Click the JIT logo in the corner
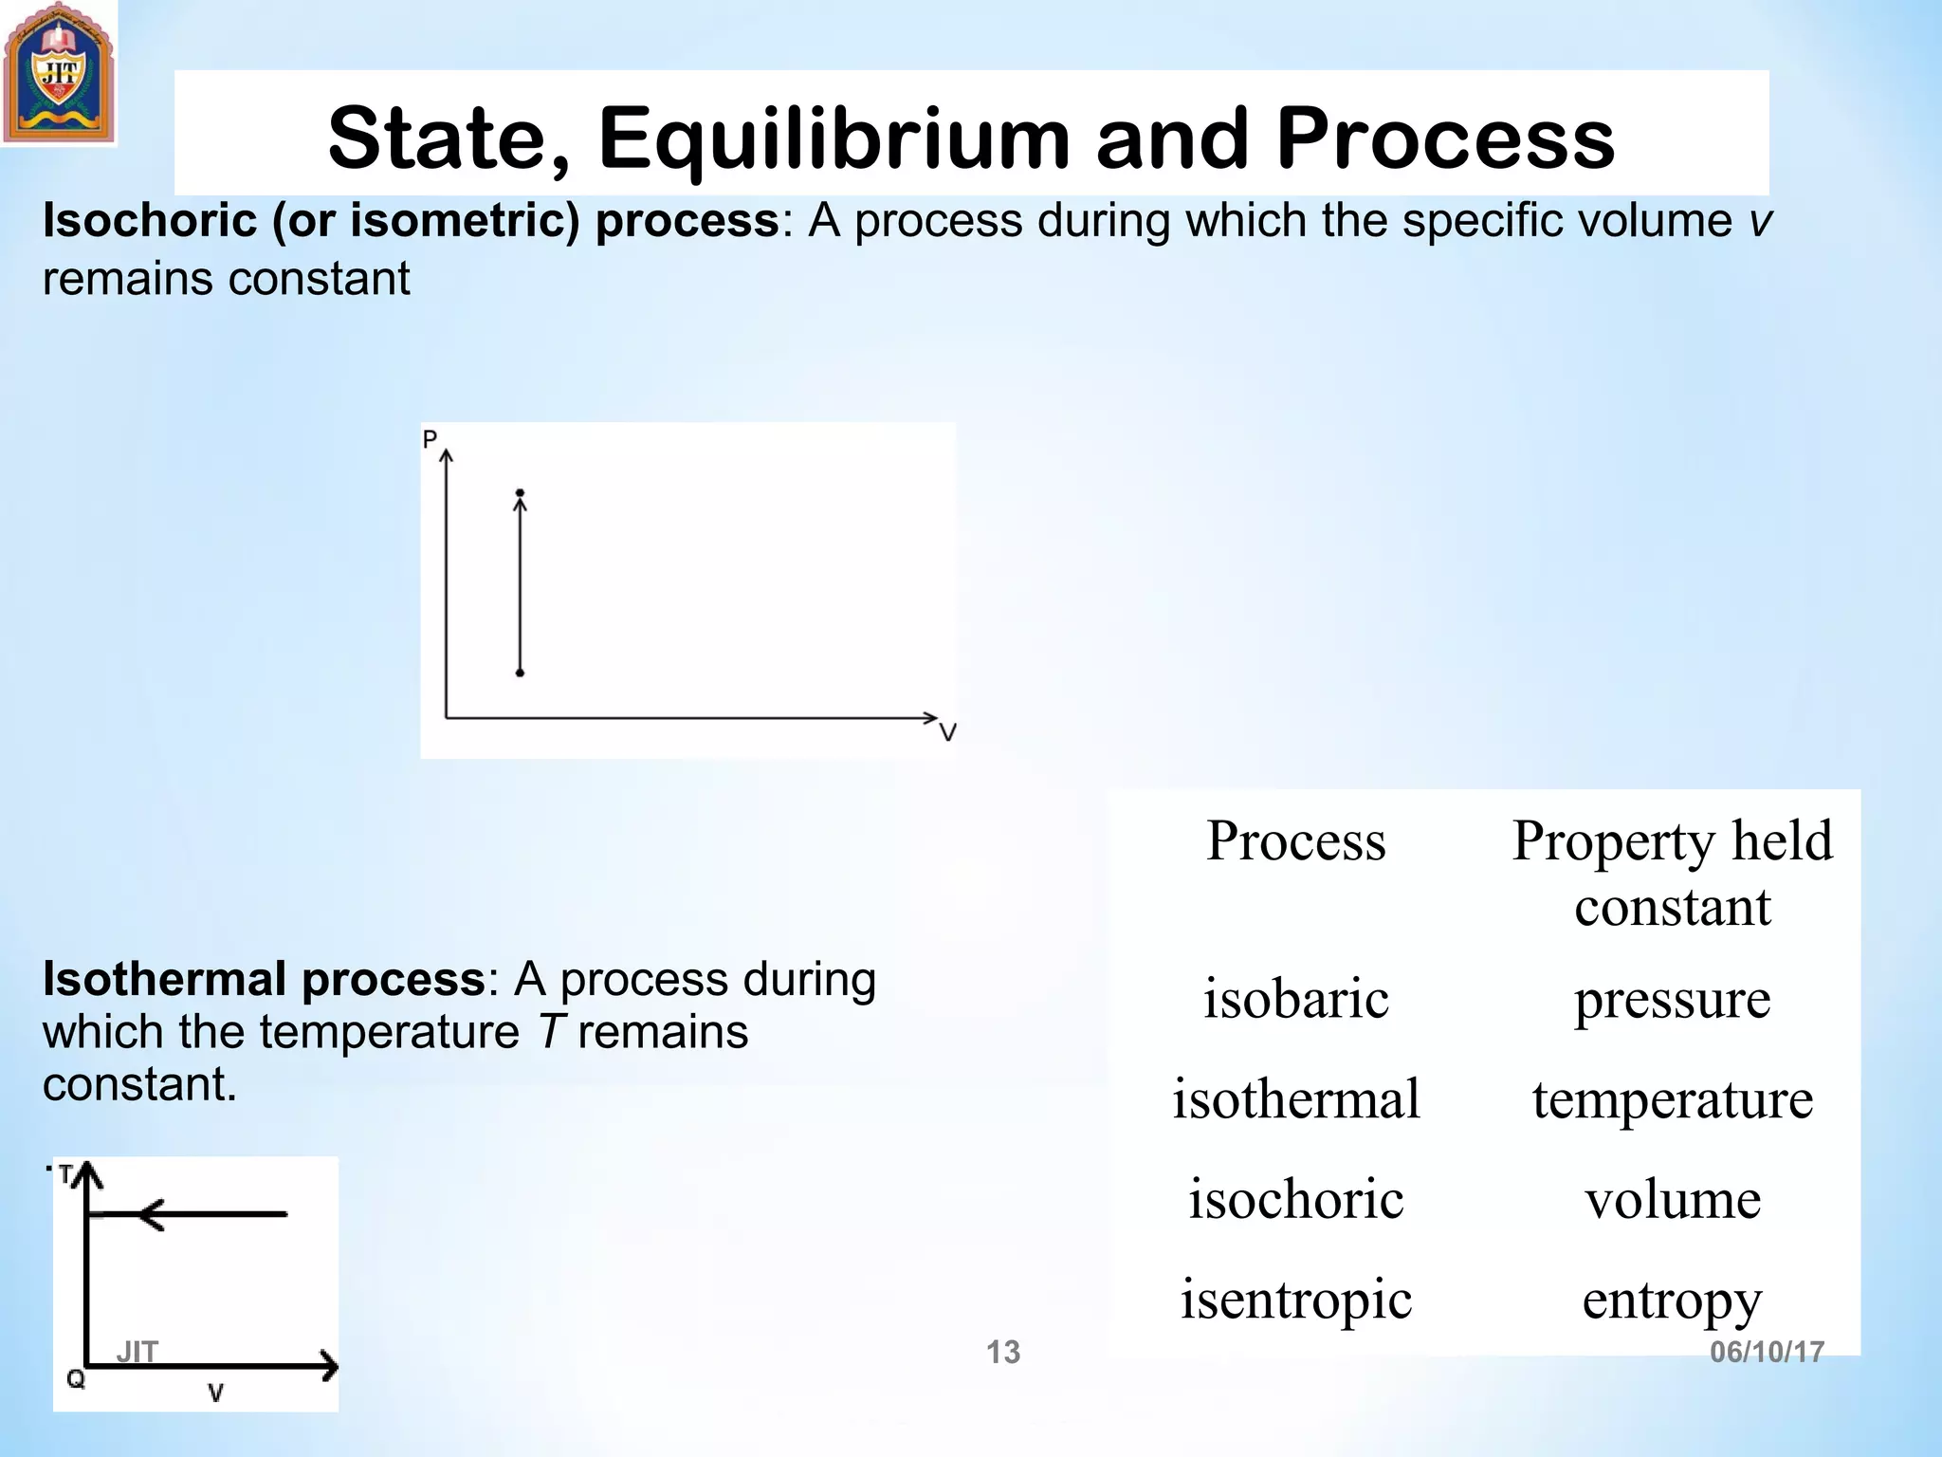58,74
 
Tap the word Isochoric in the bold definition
150,221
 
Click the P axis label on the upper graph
430,439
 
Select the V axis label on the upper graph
947,732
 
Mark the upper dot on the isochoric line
520,493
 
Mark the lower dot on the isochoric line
520,673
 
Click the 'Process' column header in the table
1295,840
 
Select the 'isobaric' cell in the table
1295,999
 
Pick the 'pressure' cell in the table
1672,999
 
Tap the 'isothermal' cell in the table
1295,1099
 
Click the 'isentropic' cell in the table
1295,1300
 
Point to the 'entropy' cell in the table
1672,1300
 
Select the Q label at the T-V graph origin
76,1378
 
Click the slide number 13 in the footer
1002,1352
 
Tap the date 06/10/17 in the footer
1767,1352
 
